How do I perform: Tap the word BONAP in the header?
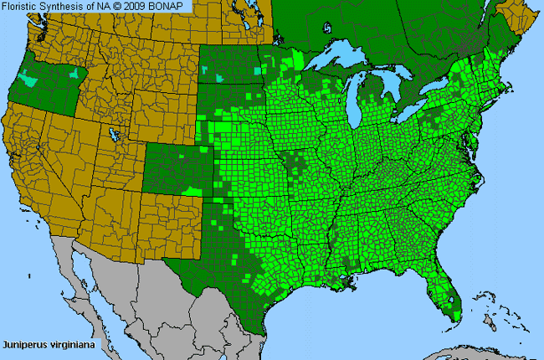(x=173, y=7)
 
